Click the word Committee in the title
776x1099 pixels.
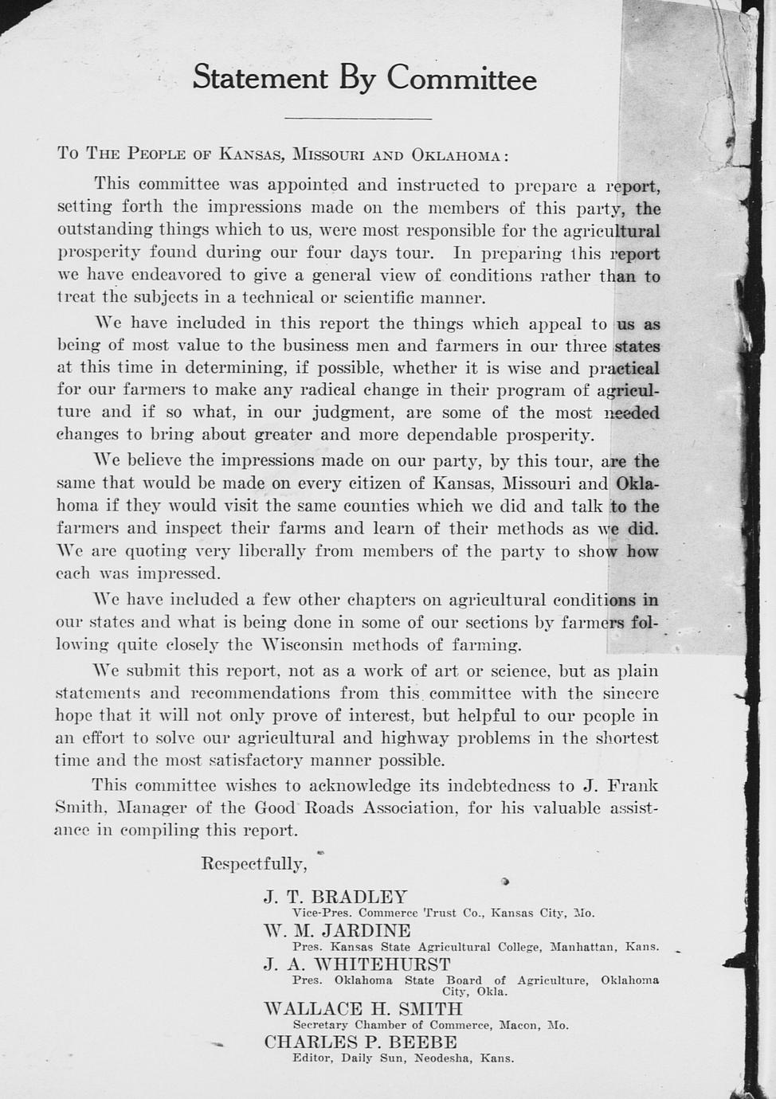point(462,80)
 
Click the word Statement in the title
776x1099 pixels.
point(261,79)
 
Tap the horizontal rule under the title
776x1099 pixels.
point(358,119)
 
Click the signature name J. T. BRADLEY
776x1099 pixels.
point(335,897)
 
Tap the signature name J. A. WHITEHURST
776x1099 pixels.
point(357,964)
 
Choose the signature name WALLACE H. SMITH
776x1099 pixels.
point(363,1009)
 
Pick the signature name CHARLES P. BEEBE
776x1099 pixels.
point(360,1042)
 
